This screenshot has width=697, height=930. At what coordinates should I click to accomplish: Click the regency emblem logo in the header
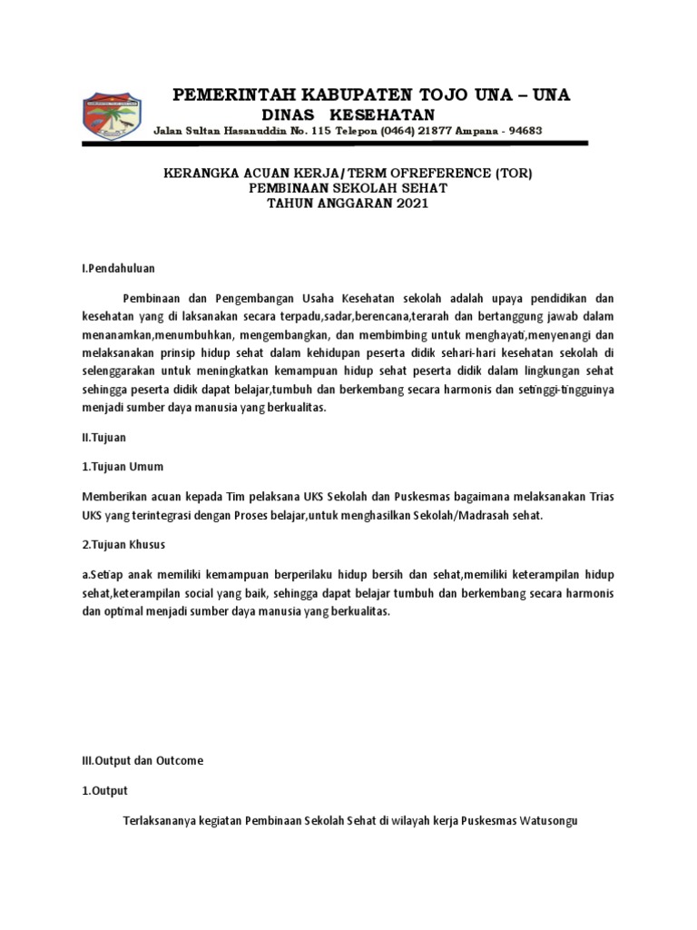[113, 116]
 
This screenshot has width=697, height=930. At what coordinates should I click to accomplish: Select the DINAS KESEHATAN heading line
[348, 114]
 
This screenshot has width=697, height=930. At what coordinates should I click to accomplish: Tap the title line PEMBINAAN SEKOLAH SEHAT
[348, 188]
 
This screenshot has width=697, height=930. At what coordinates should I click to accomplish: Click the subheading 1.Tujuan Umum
[123, 466]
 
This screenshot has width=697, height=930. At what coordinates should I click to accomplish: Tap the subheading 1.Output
[105, 790]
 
